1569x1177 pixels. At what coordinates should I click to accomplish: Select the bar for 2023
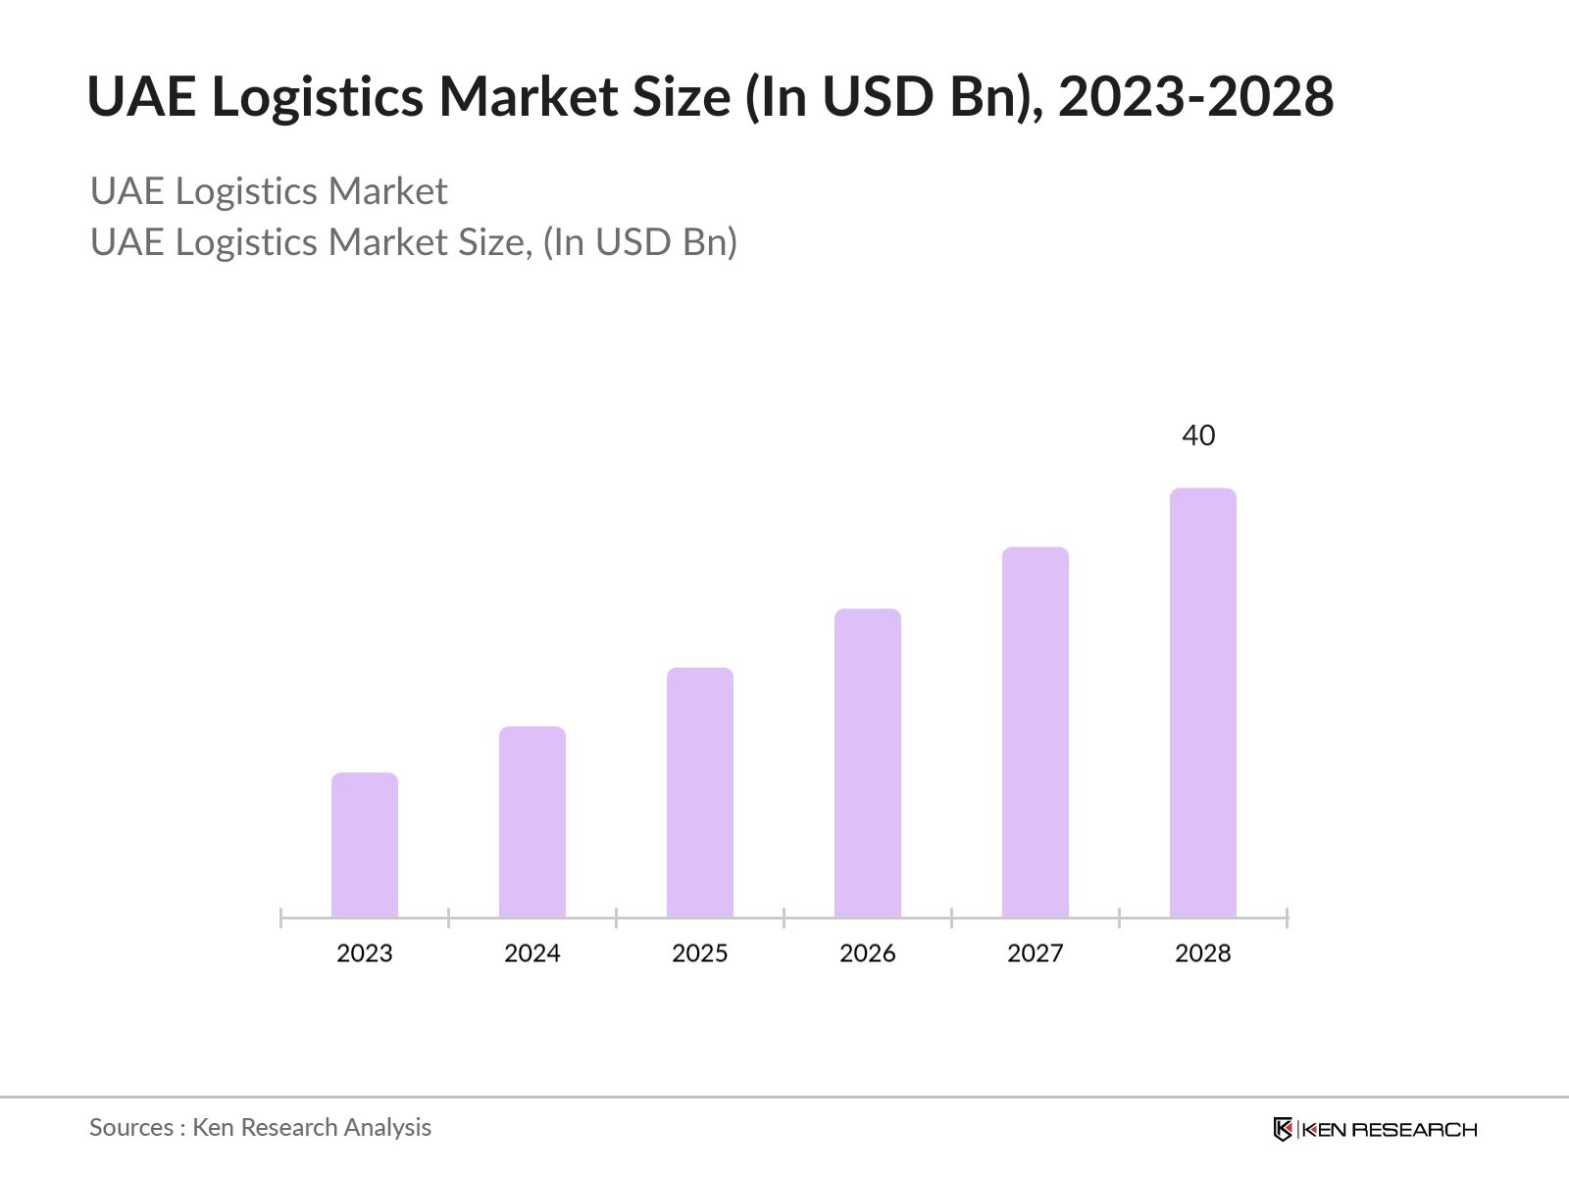365,845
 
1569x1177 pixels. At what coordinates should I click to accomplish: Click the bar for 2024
532,822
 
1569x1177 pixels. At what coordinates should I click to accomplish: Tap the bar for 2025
700,793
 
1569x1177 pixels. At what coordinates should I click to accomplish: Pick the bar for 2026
868,763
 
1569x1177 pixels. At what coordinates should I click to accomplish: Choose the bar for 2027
1036,732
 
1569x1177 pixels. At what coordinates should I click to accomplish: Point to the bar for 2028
1203,702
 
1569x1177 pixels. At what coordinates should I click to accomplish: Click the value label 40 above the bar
1198,435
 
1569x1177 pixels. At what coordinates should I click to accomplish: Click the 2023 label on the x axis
365,953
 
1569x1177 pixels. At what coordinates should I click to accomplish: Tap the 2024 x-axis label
532,953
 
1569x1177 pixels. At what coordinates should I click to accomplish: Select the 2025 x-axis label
700,953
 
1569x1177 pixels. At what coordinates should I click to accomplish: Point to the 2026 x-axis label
868,953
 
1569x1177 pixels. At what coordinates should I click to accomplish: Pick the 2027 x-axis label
1036,953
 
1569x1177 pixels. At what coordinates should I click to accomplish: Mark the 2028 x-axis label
1203,953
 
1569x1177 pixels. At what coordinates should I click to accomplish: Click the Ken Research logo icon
1283,1129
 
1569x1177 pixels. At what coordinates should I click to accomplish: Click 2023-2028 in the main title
1195,97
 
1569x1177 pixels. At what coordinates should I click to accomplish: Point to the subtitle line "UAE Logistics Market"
269,191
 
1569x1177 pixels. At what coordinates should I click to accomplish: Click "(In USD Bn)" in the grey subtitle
639,242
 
